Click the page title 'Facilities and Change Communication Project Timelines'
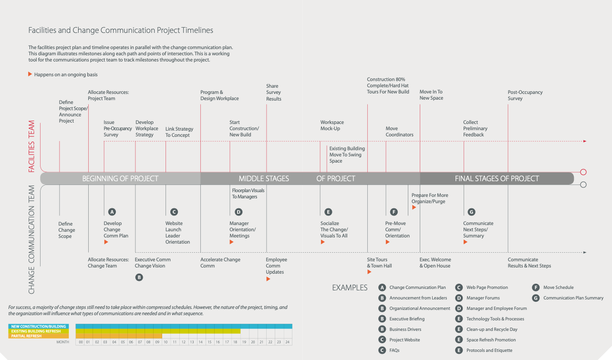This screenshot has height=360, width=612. tap(121, 31)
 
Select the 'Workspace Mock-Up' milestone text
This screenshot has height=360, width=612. tap(332, 125)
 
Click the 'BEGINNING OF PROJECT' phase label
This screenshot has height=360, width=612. tap(120, 179)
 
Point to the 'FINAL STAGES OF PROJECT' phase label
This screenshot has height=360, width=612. tap(497, 179)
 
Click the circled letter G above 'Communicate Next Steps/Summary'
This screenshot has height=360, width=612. tap(472, 212)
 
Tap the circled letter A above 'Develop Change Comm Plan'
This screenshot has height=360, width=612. tap(112, 212)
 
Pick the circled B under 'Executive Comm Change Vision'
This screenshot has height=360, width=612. tap(139, 277)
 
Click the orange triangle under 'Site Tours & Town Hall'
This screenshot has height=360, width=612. tap(369, 272)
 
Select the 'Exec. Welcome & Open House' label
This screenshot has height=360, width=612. tap(435, 263)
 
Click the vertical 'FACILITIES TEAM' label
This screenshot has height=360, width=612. tap(32, 146)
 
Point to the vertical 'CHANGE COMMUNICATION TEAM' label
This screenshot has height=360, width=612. tap(32, 239)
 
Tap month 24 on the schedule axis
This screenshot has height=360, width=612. tap(288, 342)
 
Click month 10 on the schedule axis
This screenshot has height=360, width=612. tap(166, 342)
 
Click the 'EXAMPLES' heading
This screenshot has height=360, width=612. tap(350, 288)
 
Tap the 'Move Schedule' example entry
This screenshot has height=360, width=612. tap(558, 288)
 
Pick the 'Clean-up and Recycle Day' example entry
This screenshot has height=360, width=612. tap(492, 329)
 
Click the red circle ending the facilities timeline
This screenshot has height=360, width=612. tap(583, 172)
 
